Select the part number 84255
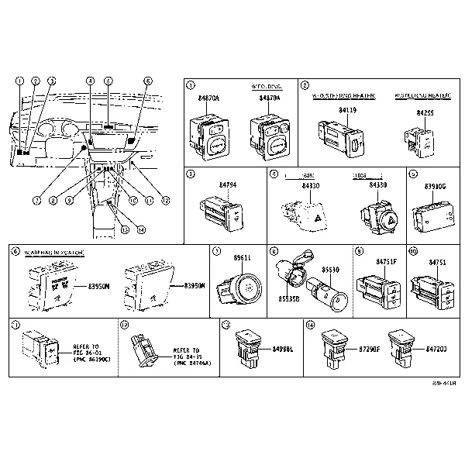click(x=425, y=112)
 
